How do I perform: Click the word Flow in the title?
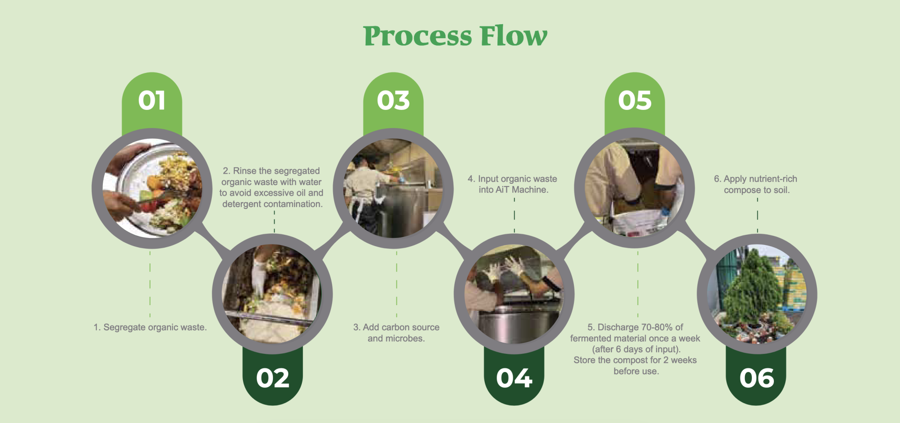coord(513,36)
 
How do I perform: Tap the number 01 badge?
coord(152,101)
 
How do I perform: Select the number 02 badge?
coord(272,378)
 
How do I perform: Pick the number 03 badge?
coord(393,101)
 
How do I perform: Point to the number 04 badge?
coord(514,378)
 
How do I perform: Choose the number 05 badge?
coord(635,101)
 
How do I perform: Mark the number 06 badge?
coord(756,378)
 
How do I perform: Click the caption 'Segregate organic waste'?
coord(150,328)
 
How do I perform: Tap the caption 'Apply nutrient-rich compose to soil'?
coord(756,185)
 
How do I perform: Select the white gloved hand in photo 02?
coord(259,277)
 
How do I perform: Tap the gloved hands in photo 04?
coord(505,268)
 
